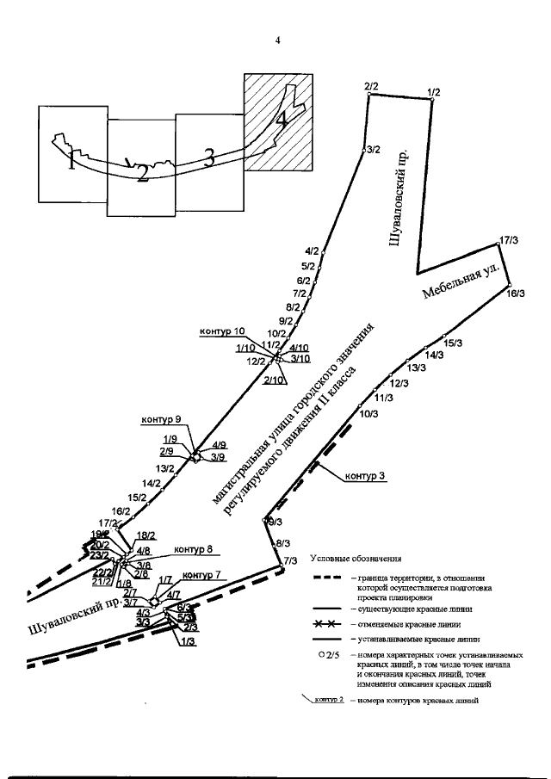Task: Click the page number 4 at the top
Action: pos(278,40)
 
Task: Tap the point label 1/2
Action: pos(433,92)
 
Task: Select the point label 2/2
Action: pos(371,86)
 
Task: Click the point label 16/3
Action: pos(516,294)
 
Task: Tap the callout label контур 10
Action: pos(222,331)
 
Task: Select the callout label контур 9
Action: pos(160,420)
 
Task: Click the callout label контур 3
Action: pos(366,476)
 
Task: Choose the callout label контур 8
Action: pos(194,549)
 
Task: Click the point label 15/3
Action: pos(453,343)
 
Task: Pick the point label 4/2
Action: pos(312,251)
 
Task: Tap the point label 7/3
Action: pos(290,561)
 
